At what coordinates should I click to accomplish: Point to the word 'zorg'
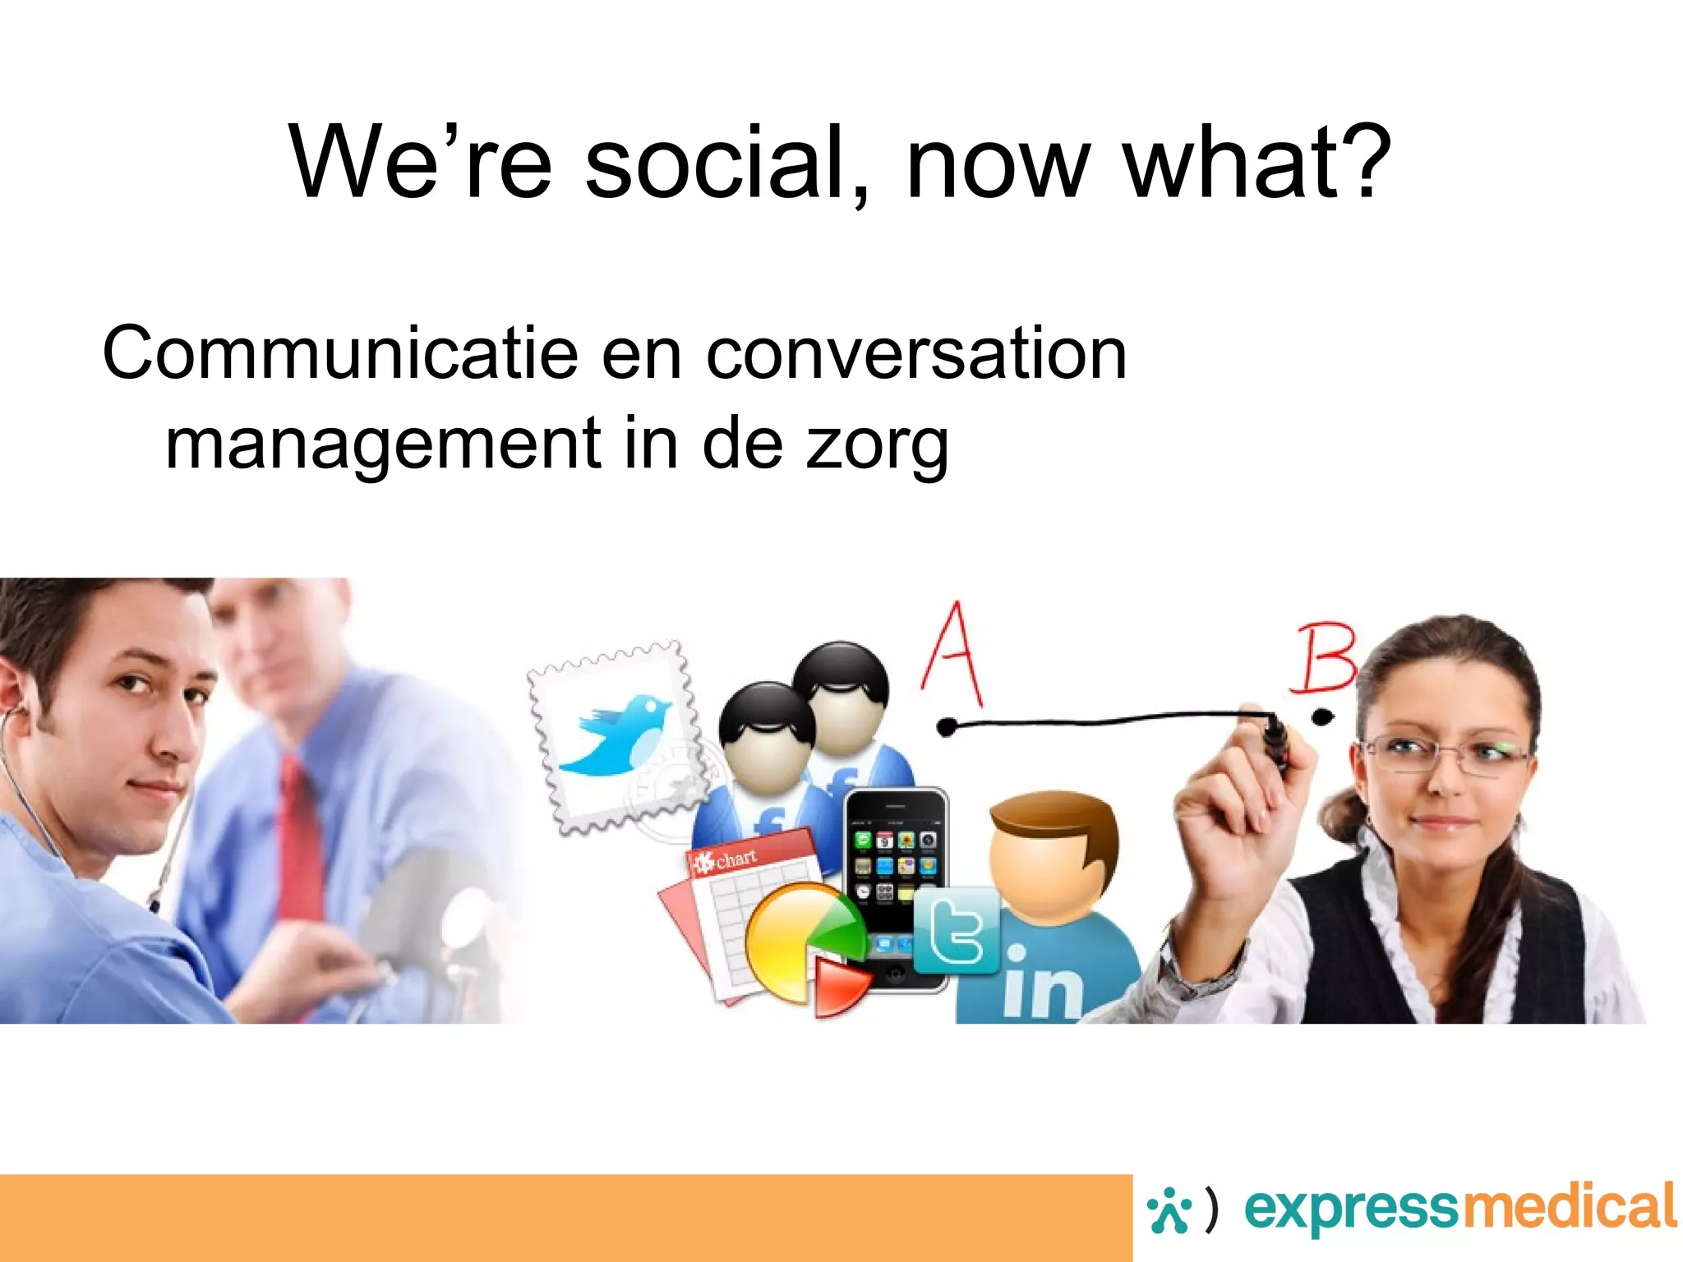click(877, 445)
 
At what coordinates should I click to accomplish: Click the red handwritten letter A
click(953, 655)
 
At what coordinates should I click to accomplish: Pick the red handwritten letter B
click(1323, 657)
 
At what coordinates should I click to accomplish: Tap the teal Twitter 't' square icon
click(956, 930)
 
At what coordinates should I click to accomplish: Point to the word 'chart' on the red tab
click(735, 859)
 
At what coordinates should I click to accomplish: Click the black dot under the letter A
click(947, 726)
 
